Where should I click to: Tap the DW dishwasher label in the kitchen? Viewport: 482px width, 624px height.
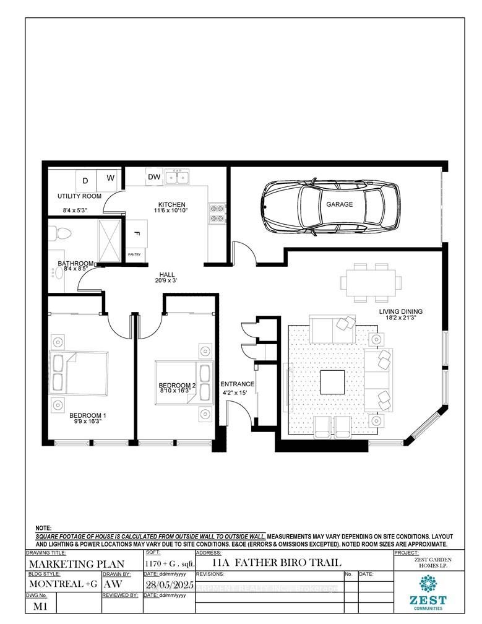(x=154, y=178)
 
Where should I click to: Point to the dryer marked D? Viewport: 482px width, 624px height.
(x=85, y=178)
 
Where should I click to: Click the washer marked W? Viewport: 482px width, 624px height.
(x=110, y=178)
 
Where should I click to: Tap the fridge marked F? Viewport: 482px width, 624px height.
(x=136, y=234)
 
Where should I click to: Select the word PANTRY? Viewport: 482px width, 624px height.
(x=135, y=254)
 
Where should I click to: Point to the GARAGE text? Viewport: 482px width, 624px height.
(x=340, y=204)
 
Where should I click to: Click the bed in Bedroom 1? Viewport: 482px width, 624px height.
(x=70, y=371)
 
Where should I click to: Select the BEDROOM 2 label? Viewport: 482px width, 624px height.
(x=177, y=386)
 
